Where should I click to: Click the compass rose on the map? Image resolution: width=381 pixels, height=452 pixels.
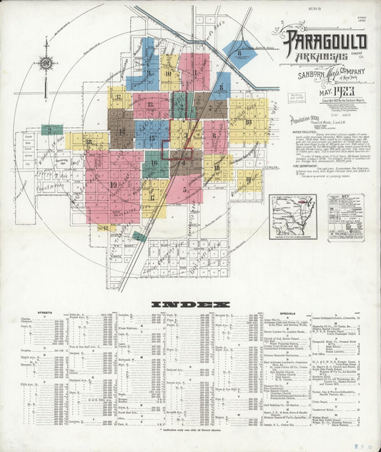tap(46, 63)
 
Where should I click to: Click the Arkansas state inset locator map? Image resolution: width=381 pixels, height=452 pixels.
tap(292, 216)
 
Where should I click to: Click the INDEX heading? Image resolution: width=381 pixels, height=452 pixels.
tap(190, 303)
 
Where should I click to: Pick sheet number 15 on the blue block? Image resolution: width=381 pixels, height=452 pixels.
tap(152, 137)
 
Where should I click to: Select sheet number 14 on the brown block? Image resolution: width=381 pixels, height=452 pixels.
tap(122, 131)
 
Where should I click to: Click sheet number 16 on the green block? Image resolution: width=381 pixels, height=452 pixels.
tap(154, 164)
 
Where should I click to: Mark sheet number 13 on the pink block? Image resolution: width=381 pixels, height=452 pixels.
tap(150, 104)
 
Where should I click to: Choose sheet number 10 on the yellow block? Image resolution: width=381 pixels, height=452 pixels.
tap(169, 73)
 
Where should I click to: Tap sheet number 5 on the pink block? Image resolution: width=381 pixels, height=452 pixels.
tap(185, 190)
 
